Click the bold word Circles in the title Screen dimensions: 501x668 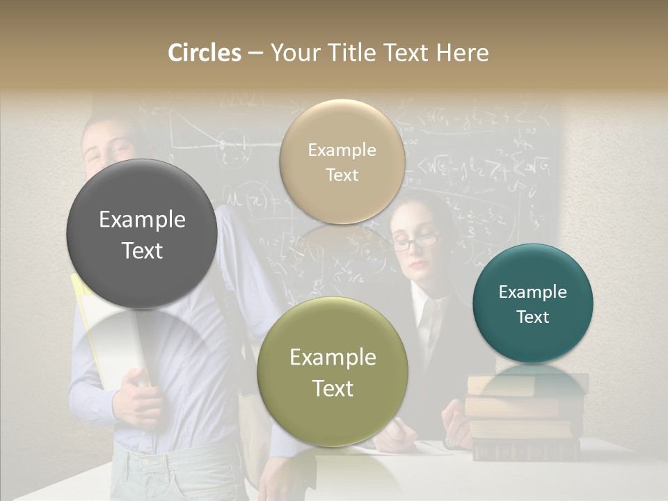(x=205, y=53)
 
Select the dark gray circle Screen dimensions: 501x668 (x=142, y=234)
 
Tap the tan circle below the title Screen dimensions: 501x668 (x=342, y=162)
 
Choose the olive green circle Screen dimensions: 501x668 (x=333, y=372)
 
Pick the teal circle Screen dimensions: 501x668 (x=533, y=304)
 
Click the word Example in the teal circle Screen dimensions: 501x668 (x=533, y=292)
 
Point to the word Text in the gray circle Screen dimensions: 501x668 (x=142, y=251)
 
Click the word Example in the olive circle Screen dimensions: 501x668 (x=333, y=358)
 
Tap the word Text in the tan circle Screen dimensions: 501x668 (x=342, y=175)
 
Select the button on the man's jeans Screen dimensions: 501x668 (x=147, y=462)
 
